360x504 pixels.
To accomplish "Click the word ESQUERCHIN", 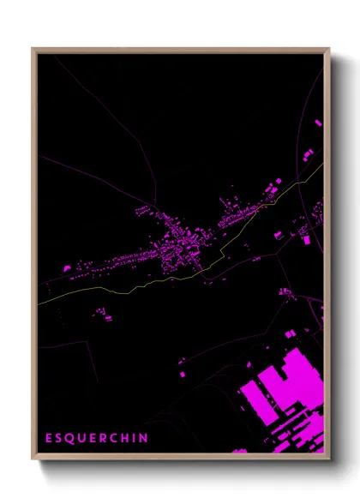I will click(x=97, y=438).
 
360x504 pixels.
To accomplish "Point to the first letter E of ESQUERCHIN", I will click(x=49, y=438).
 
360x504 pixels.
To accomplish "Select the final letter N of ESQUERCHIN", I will click(x=144, y=438).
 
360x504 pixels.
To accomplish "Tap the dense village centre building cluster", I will click(x=180, y=249).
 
